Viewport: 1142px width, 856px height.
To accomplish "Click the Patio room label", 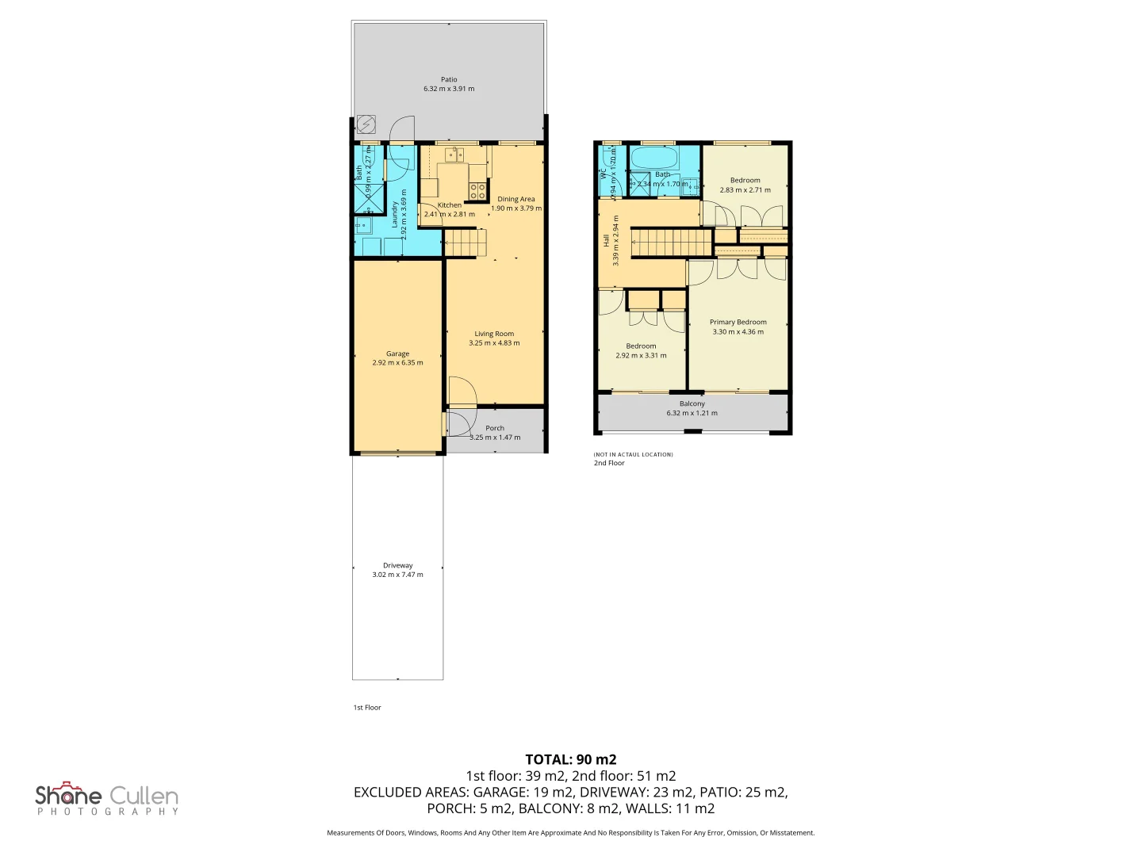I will click(449, 79).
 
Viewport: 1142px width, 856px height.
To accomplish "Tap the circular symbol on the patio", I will click(366, 124).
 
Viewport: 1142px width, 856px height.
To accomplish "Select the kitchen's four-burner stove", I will click(477, 190).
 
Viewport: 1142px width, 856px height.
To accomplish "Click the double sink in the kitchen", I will click(454, 154).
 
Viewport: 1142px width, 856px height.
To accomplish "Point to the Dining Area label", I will click(515, 199).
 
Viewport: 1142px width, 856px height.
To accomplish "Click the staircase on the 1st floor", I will click(465, 243).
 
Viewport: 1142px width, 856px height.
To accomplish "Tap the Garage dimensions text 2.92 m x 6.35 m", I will click(397, 363).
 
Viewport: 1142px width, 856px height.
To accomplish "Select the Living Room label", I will click(494, 334).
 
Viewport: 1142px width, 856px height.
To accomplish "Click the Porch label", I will click(495, 428).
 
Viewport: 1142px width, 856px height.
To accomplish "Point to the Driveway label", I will click(397, 565).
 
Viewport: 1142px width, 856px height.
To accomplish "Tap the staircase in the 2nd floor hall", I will click(672, 243).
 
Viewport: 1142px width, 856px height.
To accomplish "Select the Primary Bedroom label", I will click(738, 322).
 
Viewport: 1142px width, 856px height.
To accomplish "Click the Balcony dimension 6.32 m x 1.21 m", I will click(692, 413).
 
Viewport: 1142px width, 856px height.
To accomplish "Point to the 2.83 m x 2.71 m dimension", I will click(745, 190).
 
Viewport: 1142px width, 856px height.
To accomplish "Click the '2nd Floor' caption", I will click(609, 463).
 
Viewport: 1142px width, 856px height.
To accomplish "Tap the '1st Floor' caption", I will click(367, 708).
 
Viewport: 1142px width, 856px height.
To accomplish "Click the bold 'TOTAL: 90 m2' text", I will click(570, 759).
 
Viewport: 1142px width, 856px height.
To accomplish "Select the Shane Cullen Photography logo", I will click(107, 798).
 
